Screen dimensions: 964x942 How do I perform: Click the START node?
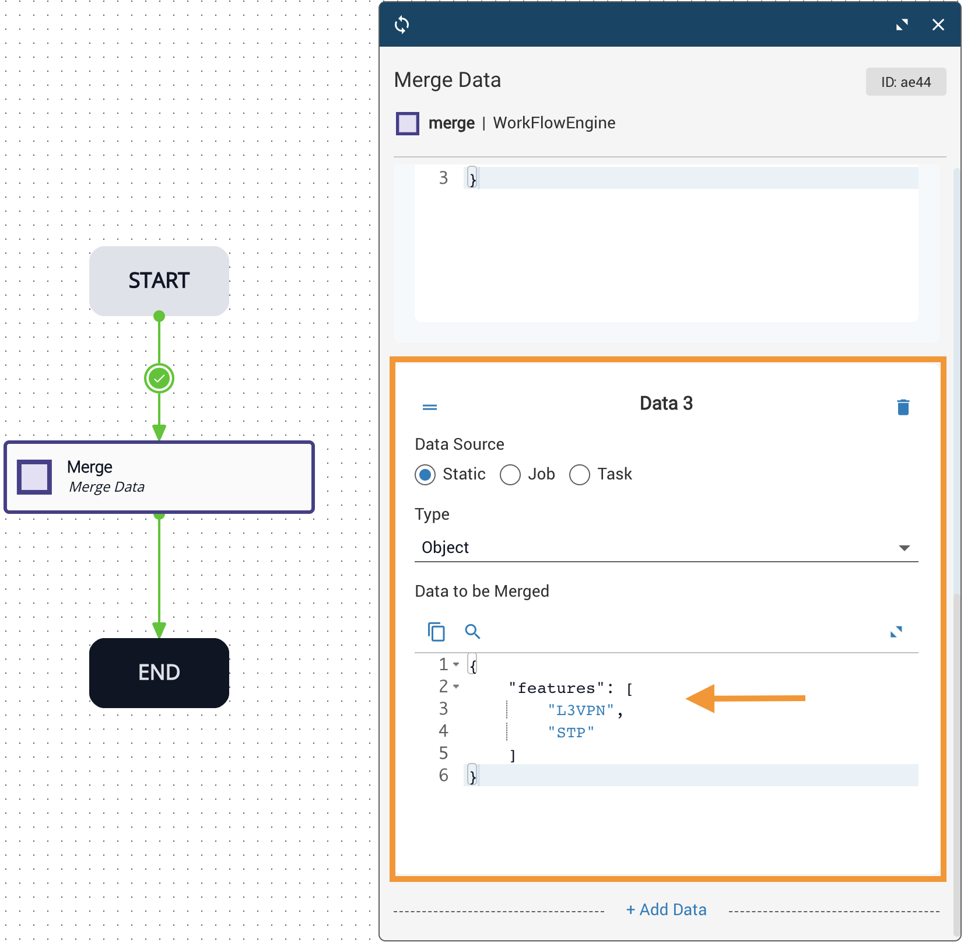coord(159,281)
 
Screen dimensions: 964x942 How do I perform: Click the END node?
coord(159,673)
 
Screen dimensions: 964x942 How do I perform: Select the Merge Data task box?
coord(159,477)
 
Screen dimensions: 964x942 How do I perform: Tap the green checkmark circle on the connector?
coord(159,379)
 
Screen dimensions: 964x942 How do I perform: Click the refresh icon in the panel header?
coord(402,24)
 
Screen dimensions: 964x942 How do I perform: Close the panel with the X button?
coord(938,24)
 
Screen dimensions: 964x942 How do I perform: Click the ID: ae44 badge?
coord(906,82)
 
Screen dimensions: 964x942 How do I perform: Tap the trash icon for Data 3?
coord(903,407)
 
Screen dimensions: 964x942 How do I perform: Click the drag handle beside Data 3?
coord(430,407)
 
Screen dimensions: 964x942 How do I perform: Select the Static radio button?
coord(425,475)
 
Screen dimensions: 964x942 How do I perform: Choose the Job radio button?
coord(510,475)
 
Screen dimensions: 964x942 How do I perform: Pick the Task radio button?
coord(580,475)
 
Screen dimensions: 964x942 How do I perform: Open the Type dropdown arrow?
coord(904,548)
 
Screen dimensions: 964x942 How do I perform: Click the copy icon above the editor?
coord(436,631)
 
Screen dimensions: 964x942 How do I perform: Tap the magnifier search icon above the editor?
coord(472,631)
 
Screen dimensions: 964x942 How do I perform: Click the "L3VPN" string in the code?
coord(581,710)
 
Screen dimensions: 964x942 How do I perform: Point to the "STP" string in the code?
coord(571,733)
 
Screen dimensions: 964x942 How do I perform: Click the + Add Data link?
coord(666,909)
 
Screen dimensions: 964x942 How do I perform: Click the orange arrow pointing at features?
coord(745,698)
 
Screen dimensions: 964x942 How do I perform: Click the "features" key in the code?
coord(556,688)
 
